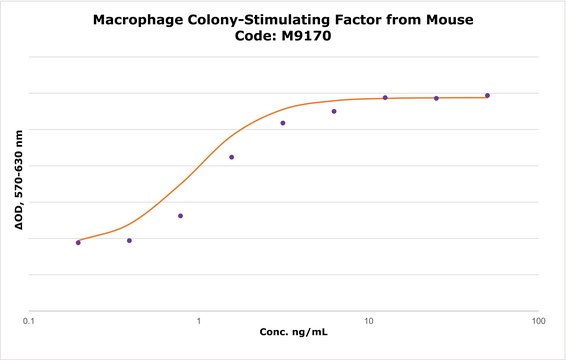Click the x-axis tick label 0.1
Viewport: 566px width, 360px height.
click(x=29, y=321)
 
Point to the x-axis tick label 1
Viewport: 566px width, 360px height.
click(x=199, y=321)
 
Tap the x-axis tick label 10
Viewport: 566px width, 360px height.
click(x=368, y=321)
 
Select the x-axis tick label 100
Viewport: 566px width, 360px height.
click(x=539, y=321)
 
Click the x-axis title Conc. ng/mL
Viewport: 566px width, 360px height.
click(x=293, y=332)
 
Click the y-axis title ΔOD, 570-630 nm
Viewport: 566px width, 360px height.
click(x=18, y=180)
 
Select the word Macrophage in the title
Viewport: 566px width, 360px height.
click(x=138, y=20)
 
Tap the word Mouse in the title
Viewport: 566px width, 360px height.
click(x=450, y=19)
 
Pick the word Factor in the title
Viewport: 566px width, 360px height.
click(x=358, y=19)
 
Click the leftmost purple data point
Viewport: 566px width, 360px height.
click(x=78, y=243)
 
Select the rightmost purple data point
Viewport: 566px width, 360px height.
click(x=487, y=96)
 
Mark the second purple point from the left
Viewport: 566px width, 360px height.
click(x=129, y=240)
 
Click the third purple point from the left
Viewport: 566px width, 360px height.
click(x=180, y=216)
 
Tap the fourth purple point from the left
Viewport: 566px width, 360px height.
click(x=232, y=157)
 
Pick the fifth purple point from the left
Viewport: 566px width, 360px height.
click(x=283, y=123)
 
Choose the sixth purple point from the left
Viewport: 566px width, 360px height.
click(x=334, y=111)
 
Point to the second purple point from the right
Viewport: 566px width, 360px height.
click(x=436, y=98)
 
